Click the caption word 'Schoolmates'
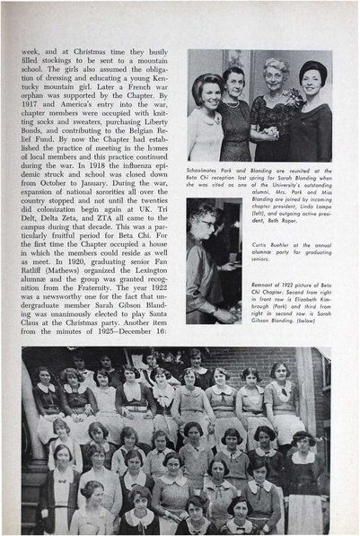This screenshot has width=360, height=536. tap(207, 167)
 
